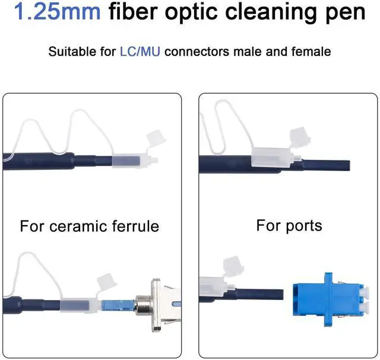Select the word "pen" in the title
pyautogui.click(x=347, y=12)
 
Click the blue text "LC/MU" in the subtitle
pyautogui.click(x=141, y=52)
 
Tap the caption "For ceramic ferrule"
pyautogui.click(x=90, y=226)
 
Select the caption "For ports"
pyautogui.click(x=289, y=226)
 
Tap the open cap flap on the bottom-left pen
pyautogui.click(x=105, y=279)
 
